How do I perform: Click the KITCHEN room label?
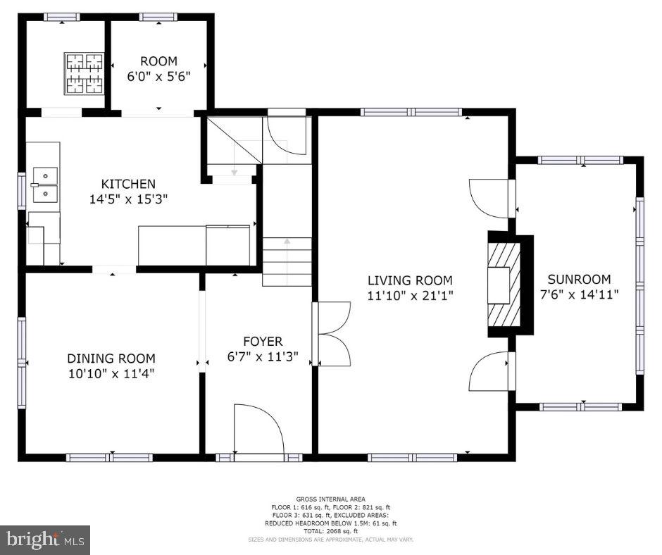click(128, 184)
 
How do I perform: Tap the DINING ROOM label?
click(111, 358)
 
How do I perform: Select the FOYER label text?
click(263, 342)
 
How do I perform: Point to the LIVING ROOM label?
click(410, 280)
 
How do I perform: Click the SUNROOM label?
click(579, 279)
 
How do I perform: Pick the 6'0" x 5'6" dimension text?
click(158, 77)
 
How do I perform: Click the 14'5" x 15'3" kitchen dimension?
click(128, 199)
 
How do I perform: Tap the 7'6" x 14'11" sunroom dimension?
click(579, 294)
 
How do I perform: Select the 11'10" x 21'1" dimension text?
click(410, 296)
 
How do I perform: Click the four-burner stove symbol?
click(84, 73)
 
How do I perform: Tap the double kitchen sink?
click(45, 185)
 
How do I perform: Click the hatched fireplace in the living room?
click(504, 285)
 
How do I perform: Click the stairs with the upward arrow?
click(287, 262)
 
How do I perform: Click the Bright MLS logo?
click(45, 540)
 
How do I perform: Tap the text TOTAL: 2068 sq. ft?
click(330, 531)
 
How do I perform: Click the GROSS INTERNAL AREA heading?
click(330, 499)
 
